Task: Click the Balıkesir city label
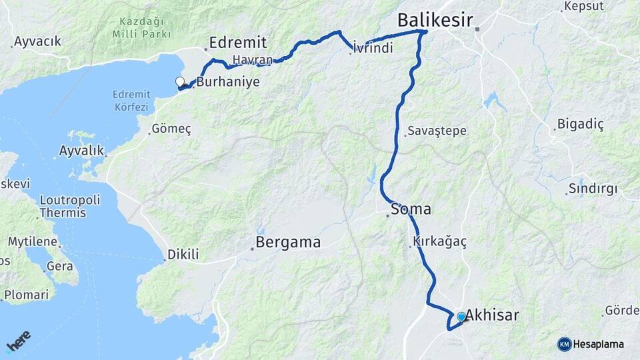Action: (435, 20)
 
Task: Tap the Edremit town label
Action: (238, 43)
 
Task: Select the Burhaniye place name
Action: (228, 82)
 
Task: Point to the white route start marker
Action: (179, 82)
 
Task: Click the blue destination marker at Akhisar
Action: (461, 317)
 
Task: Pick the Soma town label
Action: (411, 209)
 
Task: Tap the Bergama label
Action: (289, 242)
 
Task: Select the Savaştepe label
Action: (436, 131)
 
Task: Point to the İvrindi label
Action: (373, 48)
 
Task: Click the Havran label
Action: (253, 60)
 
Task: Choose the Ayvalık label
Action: (81, 151)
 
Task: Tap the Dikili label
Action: (183, 254)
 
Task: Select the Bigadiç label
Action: (579, 125)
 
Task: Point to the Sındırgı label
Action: (593, 189)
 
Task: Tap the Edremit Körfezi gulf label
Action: (131, 100)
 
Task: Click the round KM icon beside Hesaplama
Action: (565, 344)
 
